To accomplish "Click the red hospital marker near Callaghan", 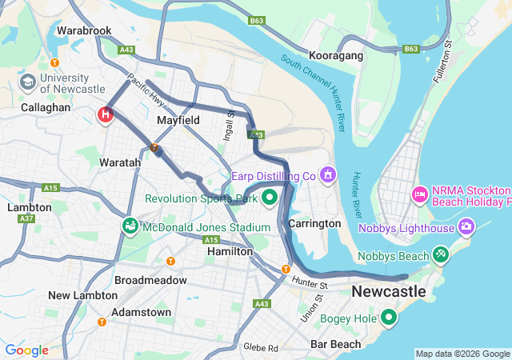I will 106,115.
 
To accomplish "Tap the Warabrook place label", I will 84,31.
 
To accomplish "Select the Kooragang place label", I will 337,56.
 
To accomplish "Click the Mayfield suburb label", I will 178,120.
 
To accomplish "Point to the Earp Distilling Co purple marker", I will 326,174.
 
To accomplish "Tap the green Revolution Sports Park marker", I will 270,197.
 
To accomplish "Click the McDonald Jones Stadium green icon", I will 130,227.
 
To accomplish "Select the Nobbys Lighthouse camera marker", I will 466,227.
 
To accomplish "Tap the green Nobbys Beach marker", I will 440,255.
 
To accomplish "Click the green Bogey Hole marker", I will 389,318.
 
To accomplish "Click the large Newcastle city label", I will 389,291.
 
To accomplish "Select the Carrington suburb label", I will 314,223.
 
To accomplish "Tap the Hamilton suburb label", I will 230,251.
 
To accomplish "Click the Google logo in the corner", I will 26,350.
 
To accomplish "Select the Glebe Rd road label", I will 262,348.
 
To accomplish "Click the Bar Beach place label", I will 335,345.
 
